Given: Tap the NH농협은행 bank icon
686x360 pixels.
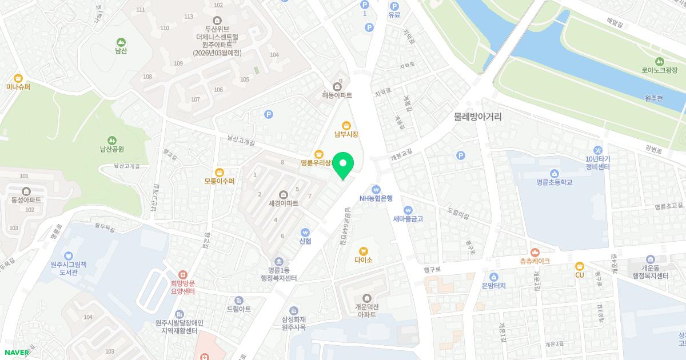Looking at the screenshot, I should click(376, 190).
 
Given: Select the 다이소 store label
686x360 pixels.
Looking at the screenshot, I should click(363, 260).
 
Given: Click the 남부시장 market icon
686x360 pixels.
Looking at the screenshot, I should click(346, 125).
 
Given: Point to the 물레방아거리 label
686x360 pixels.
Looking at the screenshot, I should click(477, 117).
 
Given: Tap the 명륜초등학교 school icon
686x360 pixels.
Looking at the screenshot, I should click(554, 174).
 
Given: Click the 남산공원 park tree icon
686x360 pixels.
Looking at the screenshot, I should click(112, 140).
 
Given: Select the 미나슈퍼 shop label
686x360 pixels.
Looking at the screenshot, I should click(18, 87).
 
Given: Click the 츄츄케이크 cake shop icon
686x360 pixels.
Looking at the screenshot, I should click(535, 252).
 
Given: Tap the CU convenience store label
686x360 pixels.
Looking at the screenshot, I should click(579, 275).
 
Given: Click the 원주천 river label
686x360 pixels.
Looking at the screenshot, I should click(653, 98).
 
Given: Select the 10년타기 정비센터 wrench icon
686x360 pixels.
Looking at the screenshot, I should click(598, 151).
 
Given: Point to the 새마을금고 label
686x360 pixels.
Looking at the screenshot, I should click(408, 219).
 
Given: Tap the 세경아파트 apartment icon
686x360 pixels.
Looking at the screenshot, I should click(284, 194).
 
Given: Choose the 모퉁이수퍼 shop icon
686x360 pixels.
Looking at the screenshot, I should click(220, 173).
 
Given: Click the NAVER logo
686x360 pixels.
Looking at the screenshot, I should click(17, 352).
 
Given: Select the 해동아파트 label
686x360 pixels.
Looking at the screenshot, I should click(337, 95).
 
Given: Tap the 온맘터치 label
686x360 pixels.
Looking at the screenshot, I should click(494, 286).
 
